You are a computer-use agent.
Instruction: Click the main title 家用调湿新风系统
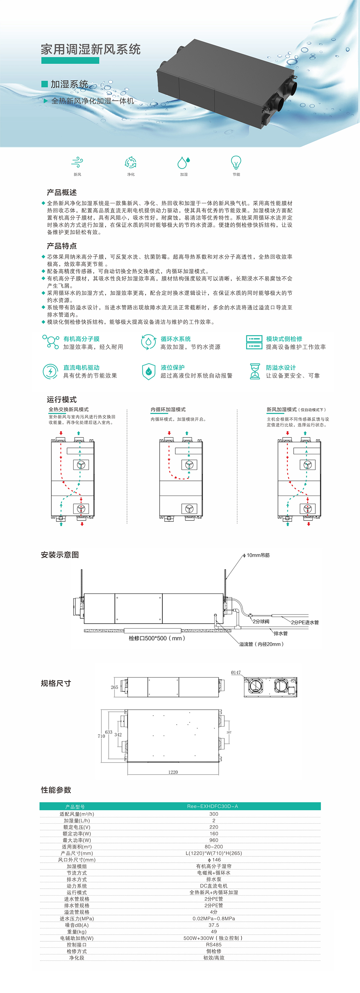click(x=91, y=50)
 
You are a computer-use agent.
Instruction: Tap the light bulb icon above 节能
click(x=236, y=162)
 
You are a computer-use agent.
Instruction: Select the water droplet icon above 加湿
click(x=183, y=162)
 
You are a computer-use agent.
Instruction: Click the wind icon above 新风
click(x=77, y=162)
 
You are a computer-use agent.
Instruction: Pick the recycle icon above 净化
click(x=131, y=162)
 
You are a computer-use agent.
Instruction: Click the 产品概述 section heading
click(x=62, y=192)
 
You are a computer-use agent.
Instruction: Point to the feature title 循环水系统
click(x=175, y=339)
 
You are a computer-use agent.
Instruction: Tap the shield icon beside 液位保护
click(x=148, y=371)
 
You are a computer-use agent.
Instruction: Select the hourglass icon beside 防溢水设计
click(x=255, y=371)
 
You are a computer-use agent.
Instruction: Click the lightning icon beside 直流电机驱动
click(x=50, y=371)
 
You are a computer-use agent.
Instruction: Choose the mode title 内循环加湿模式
click(x=168, y=410)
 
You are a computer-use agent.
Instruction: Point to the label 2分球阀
click(x=261, y=621)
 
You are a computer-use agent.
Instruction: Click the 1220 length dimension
click(x=173, y=772)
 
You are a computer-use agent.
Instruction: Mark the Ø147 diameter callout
click(x=236, y=673)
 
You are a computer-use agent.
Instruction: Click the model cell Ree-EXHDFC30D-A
click(x=212, y=806)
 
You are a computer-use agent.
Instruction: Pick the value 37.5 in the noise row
click(x=214, y=925)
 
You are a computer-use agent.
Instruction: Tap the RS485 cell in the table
click(x=214, y=944)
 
